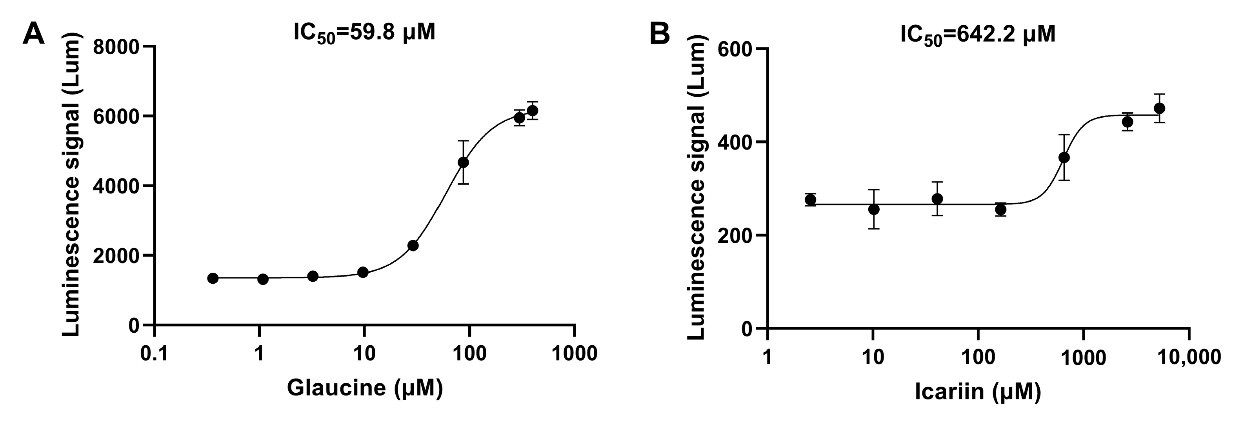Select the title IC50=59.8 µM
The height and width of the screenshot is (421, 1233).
[x=364, y=33]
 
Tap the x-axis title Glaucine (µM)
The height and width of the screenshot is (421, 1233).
[x=365, y=388]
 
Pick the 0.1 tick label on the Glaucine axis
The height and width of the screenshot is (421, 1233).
[x=154, y=354]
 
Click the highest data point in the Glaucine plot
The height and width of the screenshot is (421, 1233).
[x=532, y=111]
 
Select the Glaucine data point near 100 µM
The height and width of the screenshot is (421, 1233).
[x=463, y=162]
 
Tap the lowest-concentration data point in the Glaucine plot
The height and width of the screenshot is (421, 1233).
[x=213, y=278]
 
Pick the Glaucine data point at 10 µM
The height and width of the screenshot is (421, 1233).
[x=363, y=272]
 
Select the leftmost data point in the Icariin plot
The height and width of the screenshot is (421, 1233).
[x=810, y=200]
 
